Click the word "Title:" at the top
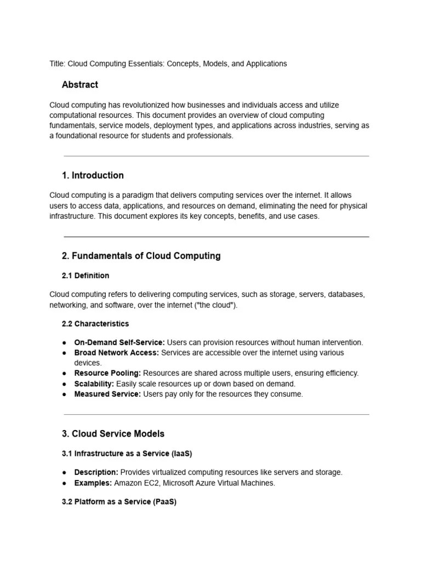pos(57,64)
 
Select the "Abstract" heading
pos(80,84)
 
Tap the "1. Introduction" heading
pos(93,175)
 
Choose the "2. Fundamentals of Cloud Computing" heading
pos(141,256)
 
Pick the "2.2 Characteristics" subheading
pos(95,324)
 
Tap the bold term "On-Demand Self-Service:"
pos(120,342)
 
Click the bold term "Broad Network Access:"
pos(117,353)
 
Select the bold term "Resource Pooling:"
pos(107,373)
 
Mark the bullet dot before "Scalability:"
pos(65,383)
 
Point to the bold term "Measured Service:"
pos(107,394)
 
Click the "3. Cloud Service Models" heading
pos(113,434)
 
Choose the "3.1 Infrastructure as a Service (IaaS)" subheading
pos(127,454)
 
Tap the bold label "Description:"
pos(96,472)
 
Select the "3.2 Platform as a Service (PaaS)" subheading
pos(119,502)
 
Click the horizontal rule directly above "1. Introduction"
pos(216,156)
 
